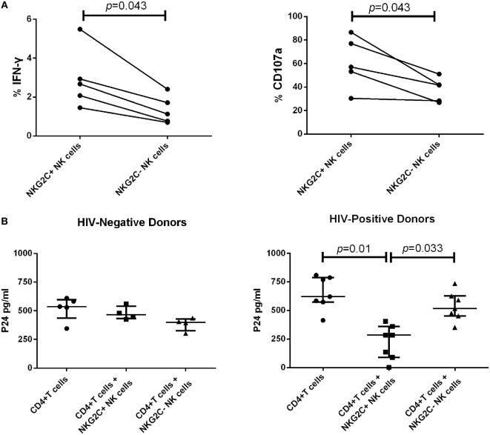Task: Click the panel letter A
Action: [x=4, y=4]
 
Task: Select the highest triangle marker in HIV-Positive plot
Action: [x=455, y=284]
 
